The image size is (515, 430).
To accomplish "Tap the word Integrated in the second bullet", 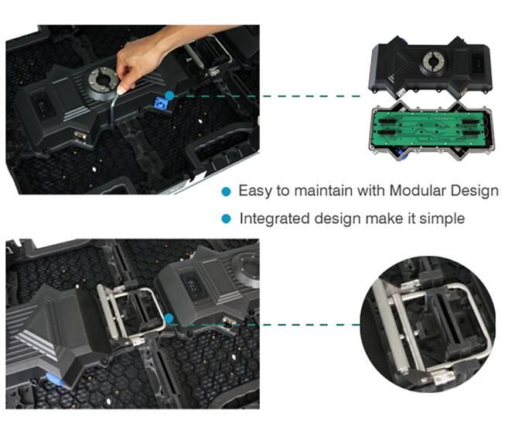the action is (x=275, y=218).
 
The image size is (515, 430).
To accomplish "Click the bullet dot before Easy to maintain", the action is (x=227, y=191).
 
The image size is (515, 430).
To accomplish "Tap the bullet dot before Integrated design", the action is (x=227, y=218).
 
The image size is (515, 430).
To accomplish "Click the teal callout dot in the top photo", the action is (x=169, y=96).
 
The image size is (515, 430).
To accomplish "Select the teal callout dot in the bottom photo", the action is (x=169, y=318).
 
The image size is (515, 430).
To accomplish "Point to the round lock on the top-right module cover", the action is (x=433, y=61).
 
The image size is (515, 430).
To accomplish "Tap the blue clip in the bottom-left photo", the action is (x=54, y=379).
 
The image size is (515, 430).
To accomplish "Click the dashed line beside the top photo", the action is (x=267, y=96).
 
